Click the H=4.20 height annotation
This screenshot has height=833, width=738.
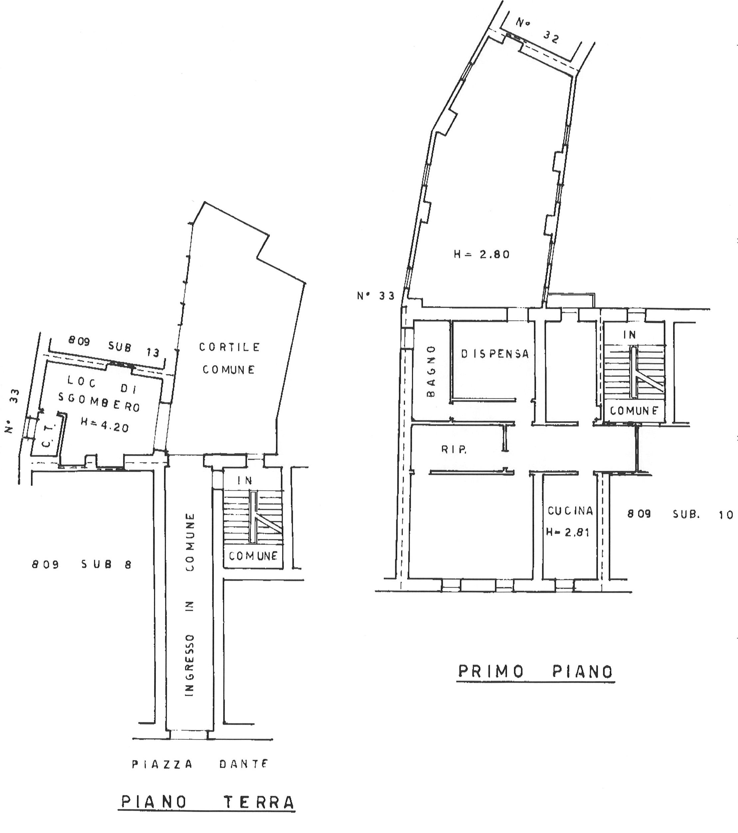(x=105, y=425)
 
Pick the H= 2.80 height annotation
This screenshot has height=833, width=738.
(x=481, y=255)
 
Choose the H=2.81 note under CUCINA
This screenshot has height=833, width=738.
(x=568, y=532)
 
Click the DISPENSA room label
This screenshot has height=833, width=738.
(x=495, y=354)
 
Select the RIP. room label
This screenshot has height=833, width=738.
(x=454, y=450)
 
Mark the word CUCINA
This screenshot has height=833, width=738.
(x=570, y=511)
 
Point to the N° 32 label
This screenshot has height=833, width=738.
(x=538, y=30)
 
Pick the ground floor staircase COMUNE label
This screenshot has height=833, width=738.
(x=253, y=556)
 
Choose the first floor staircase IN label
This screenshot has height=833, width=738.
(x=630, y=335)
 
